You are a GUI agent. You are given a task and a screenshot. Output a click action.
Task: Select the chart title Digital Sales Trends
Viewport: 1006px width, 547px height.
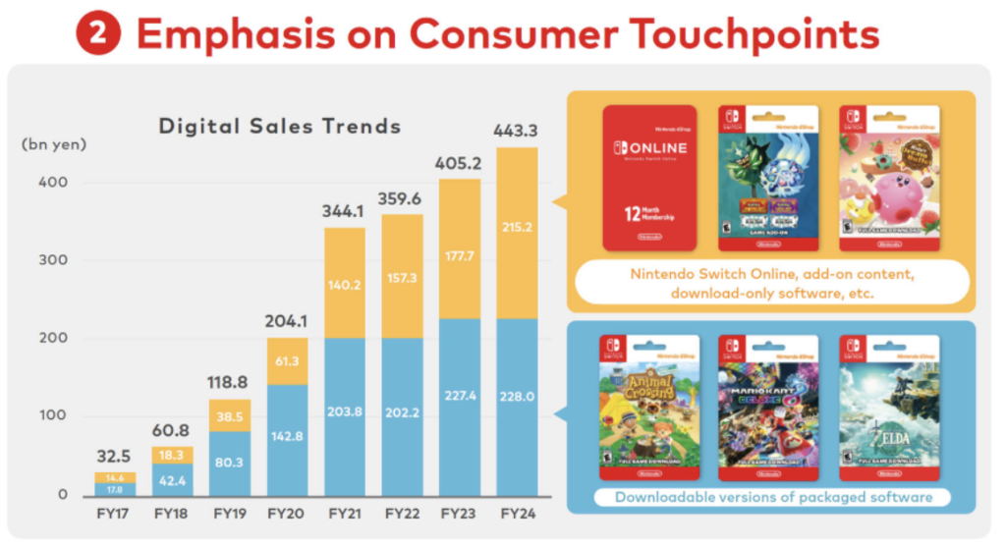click(280, 126)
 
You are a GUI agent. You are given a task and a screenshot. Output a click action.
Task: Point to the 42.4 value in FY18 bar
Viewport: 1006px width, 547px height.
click(174, 480)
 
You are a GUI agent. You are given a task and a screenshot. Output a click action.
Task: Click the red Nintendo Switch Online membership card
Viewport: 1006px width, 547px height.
click(648, 177)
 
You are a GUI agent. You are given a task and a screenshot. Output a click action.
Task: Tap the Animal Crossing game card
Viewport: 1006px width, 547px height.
click(648, 402)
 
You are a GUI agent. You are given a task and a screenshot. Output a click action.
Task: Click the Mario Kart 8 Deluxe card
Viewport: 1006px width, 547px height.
click(768, 402)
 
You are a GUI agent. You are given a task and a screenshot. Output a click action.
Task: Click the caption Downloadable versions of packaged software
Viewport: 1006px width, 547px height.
click(773, 497)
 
